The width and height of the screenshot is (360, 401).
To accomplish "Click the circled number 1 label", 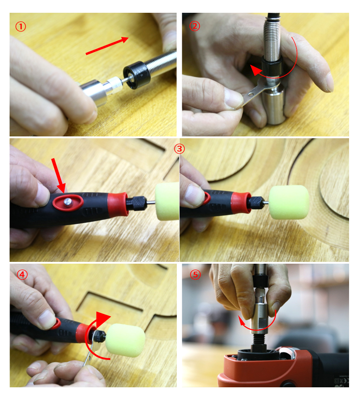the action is coord(21,26).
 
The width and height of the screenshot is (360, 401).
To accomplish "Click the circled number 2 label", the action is coord(195,26).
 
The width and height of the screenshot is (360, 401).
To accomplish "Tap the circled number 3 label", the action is coord(180,149).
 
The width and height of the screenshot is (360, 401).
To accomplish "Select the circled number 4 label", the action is coord(22,275).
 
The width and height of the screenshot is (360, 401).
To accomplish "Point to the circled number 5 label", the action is coord(195,275).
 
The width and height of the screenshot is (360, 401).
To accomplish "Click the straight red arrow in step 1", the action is coord(107,46).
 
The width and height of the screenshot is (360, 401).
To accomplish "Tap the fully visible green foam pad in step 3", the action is coord(289,202).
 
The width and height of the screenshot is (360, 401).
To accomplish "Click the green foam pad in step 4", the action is coord(126,340).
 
